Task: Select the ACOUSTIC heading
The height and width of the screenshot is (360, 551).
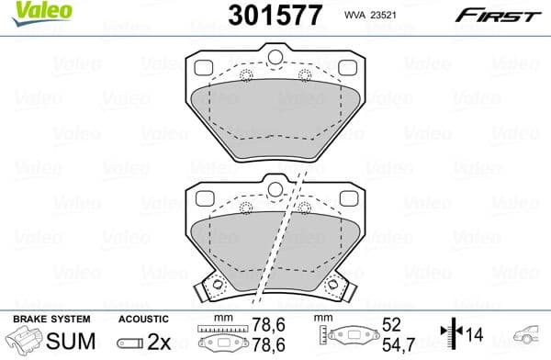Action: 143,319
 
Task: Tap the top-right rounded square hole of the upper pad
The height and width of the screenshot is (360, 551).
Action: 346,68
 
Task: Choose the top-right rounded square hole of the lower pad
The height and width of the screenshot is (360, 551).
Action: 346,198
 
